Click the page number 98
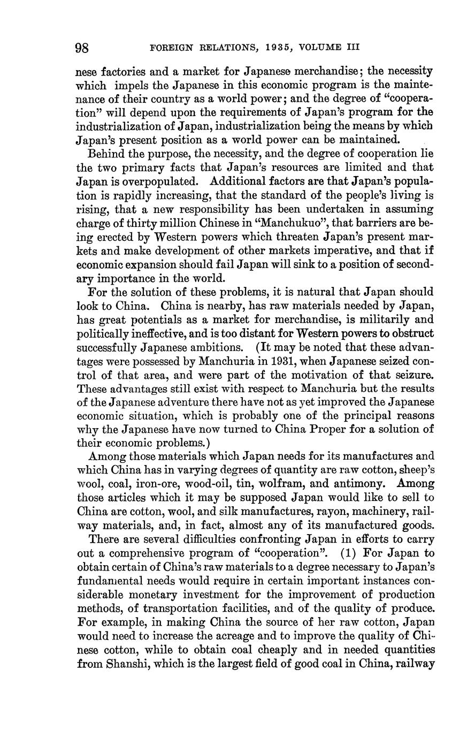tap(82, 48)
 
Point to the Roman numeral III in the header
tap(352, 48)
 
